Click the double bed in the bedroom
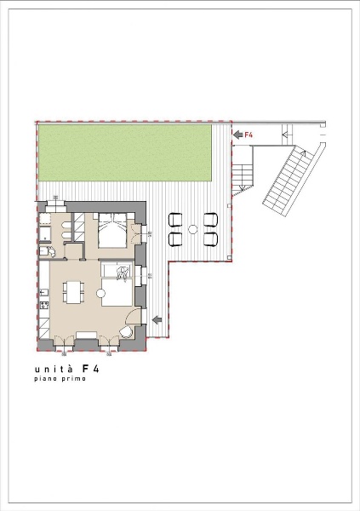point(112,231)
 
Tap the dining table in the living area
point(73,292)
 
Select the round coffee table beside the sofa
point(101,293)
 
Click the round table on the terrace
point(193,229)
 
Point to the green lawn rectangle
point(125,152)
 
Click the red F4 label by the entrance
point(249,135)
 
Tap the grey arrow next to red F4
point(238,135)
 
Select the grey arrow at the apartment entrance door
point(157,320)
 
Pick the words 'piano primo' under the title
point(60,379)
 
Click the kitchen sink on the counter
point(44,293)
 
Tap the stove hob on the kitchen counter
point(44,306)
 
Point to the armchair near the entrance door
point(126,332)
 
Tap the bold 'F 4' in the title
point(91,369)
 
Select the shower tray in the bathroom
point(45,234)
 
